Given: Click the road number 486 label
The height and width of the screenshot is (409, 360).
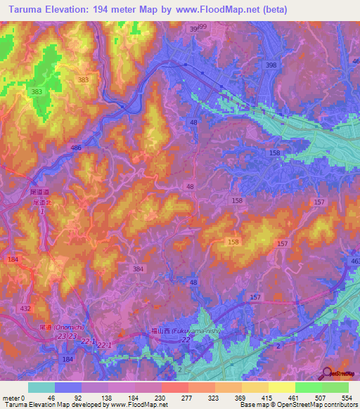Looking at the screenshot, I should [x=77, y=148].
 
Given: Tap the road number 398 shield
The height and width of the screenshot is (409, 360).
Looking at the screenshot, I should [x=271, y=65].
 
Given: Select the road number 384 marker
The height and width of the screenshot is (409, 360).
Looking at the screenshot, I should [x=139, y=268].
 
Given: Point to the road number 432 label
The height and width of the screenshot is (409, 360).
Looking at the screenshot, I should [x=26, y=309].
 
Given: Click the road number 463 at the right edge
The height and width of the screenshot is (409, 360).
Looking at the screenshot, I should [x=355, y=261].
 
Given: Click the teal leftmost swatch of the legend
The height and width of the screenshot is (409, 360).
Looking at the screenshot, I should [x=41, y=387].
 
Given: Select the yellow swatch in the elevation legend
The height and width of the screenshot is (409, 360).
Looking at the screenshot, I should [x=281, y=387].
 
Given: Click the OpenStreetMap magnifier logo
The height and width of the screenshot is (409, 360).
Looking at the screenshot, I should [x=328, y=374].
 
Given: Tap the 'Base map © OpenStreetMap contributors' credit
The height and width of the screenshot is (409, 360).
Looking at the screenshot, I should [x=298, y=405].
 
